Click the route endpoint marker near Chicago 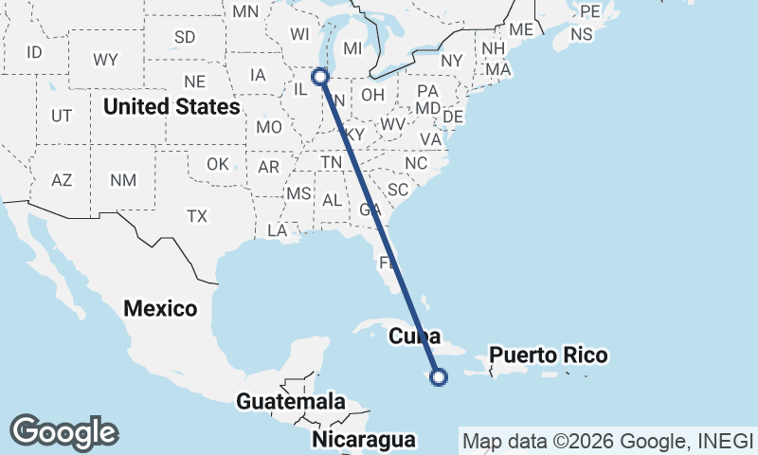click(320, 76)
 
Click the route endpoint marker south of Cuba click(439, 377)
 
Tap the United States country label click(171, 106)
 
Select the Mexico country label click(160, 308)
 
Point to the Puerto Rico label click(549, 355)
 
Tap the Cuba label click(416, 336)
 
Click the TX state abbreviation click(196, 216)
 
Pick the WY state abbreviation click(105, 60)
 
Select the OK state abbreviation click(218, 164)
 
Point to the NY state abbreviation click(452, 60)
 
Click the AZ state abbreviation click(62, 180)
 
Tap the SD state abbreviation click(185, 37)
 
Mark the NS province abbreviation click(582, 34)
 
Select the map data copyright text click(606, 440)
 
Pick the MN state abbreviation click(245, 11)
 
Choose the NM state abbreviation click(123, 180)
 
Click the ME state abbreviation click(521, 29)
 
